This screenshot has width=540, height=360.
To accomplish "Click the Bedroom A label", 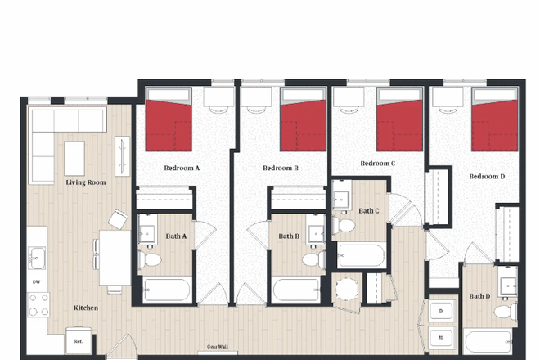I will coord(182,168).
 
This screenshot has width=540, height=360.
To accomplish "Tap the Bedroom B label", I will coord(280,168).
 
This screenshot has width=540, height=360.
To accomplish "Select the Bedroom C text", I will coord(378,163).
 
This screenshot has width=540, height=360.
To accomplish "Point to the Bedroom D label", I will coord(487,176).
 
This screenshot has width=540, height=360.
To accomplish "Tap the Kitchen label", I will coord(86,308).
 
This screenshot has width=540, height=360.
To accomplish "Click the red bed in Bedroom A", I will coord(169,125).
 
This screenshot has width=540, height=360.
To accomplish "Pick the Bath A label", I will coord(176,236).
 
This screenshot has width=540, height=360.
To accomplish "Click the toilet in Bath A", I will coord(149,259).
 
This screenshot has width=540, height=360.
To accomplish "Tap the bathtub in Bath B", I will coord(297,290).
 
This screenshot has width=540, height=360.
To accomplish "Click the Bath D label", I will coord(479,296).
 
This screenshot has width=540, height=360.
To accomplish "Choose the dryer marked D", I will coord(442,311).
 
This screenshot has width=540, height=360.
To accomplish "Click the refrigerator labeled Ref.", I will coord(79,341).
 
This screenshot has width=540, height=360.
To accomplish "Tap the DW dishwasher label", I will coord(36,282).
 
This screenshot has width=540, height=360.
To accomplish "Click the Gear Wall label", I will coord(216,347).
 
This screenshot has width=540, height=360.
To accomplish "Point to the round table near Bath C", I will coord(347,290).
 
